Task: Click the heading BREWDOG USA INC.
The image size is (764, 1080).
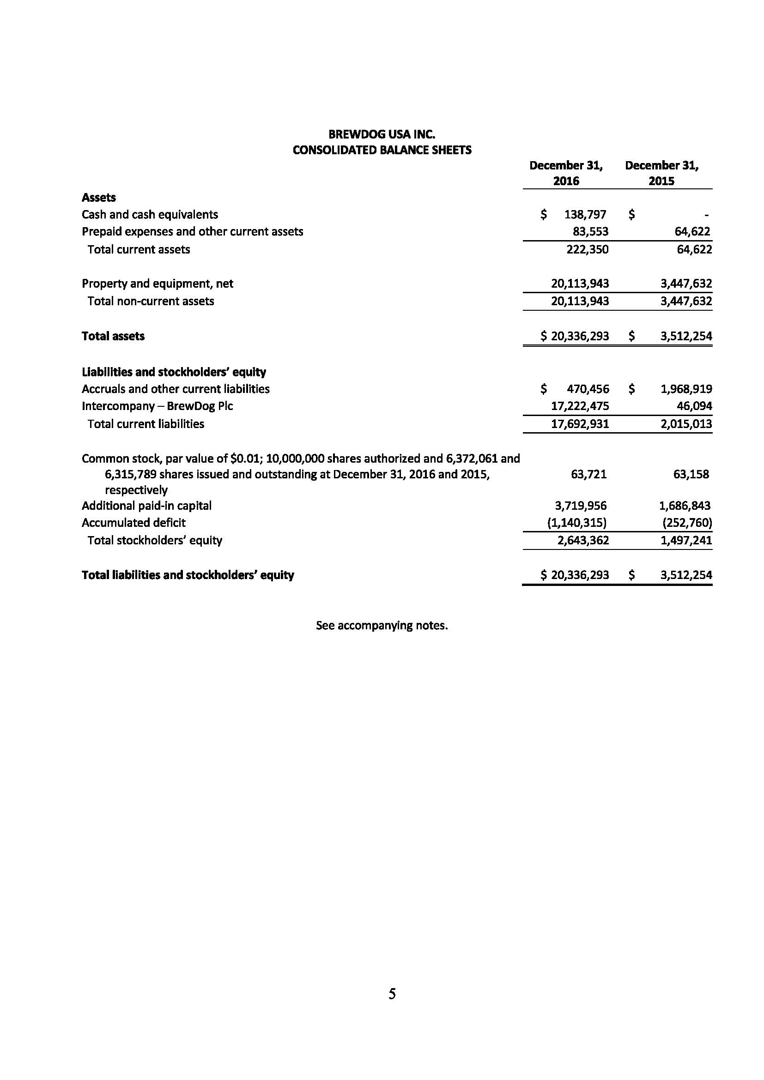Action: point(382,134)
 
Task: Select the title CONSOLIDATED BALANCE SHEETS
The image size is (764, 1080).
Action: point(382,150)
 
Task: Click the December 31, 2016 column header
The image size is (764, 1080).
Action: point(566,173)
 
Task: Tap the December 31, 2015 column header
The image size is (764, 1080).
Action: point(661,173)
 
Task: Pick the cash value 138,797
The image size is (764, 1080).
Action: point(585,215)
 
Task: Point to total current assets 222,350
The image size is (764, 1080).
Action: point(587,249)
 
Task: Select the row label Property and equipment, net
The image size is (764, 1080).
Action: point(157,284)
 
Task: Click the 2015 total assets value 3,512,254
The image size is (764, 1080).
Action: point(686,336)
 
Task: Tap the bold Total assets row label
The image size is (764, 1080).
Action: point(113,336)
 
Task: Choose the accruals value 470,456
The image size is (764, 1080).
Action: point(588,389)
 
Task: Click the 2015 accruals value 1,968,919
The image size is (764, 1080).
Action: point(686,389)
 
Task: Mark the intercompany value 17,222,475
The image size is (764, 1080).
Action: point(580,406)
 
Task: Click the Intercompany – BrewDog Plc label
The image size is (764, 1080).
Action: point(157,406)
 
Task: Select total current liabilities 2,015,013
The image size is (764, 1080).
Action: point(686,424)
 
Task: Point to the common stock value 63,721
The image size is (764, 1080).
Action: point(588,474)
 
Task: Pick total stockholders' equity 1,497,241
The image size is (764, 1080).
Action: point(686,540)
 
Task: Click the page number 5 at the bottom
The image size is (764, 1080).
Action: point(392,994)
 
